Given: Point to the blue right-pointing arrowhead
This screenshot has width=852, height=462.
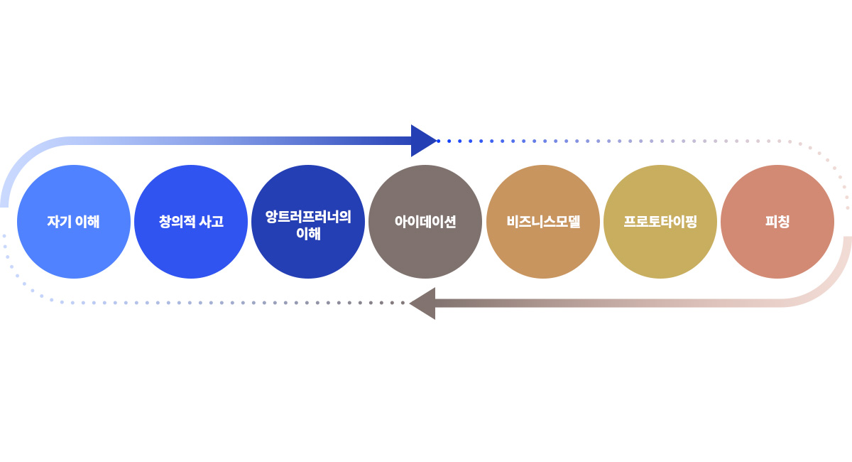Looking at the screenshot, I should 423,141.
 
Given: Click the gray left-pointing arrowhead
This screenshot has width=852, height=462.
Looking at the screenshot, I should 423,303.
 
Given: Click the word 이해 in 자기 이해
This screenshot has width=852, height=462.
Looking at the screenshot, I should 87,222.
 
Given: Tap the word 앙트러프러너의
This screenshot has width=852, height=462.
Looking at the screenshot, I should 308,216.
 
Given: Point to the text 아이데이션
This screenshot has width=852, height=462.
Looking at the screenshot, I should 425,222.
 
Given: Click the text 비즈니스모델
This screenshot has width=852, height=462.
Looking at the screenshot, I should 543,222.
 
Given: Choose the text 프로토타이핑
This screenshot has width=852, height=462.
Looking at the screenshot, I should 660,222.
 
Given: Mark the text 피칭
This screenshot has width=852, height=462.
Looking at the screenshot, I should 777,222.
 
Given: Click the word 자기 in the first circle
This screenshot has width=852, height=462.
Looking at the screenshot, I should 58,222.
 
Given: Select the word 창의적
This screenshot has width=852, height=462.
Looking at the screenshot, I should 177,222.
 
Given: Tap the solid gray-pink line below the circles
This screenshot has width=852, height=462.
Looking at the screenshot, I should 603,303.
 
